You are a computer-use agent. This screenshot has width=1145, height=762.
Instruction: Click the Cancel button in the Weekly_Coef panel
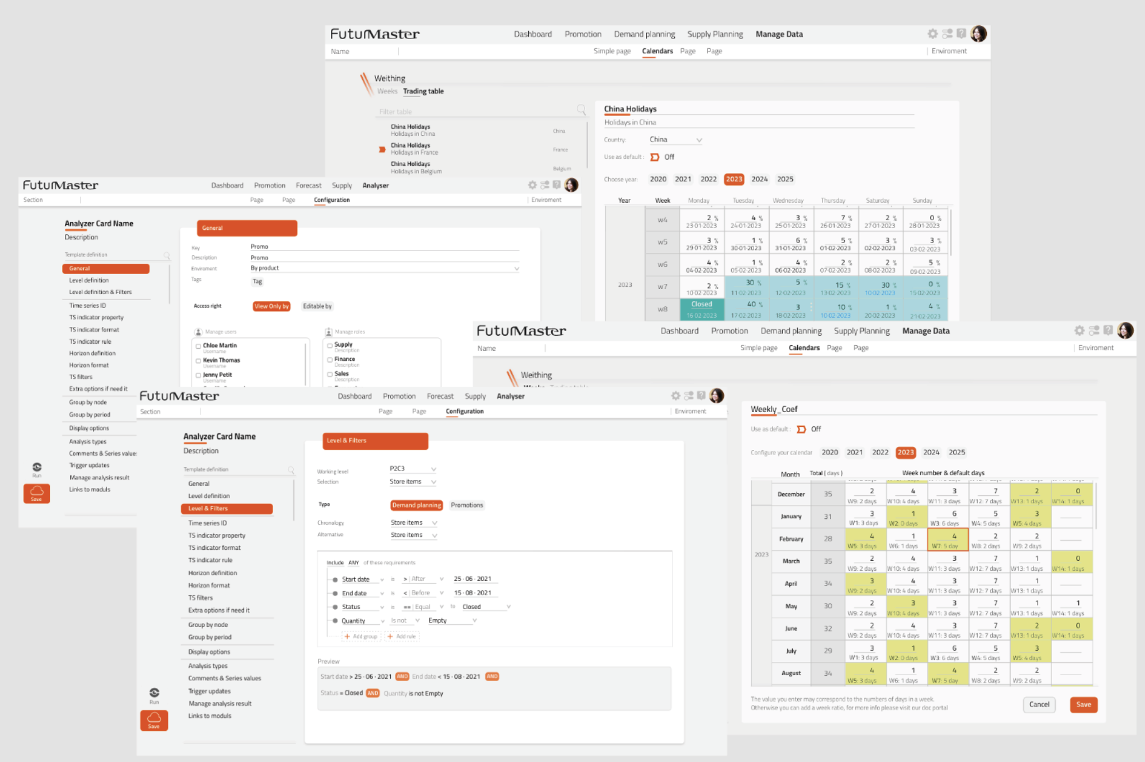tap(1039, 705)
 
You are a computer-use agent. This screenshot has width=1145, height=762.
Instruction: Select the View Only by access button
tap(271, 306)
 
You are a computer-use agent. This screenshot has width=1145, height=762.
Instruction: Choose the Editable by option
tap(317, 306)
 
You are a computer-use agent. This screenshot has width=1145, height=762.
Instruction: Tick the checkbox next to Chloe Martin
tap(198, 346)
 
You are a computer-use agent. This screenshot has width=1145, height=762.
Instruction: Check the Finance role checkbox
tap(330, 360)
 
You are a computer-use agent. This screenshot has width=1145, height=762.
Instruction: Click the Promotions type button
tap(467, 505)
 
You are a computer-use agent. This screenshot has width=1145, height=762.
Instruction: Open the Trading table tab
tap(423, 91)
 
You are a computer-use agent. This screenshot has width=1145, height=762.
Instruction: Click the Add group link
tap(362, 636)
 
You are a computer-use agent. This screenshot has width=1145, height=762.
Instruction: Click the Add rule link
tap(402, 636)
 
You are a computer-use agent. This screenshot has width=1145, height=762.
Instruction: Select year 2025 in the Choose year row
tap(785, 179)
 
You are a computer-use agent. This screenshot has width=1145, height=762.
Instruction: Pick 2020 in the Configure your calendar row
tap(829, 452)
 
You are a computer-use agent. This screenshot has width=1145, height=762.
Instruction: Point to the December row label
tap(791, 494)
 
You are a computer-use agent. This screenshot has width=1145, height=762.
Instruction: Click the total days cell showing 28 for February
tap(828, 539)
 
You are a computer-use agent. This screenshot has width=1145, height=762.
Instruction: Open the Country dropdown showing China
tap(675, 140)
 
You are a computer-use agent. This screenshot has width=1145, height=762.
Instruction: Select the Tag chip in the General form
tap(258, 282)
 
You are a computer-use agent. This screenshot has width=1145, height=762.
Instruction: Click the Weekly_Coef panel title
tap(774, 409)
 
